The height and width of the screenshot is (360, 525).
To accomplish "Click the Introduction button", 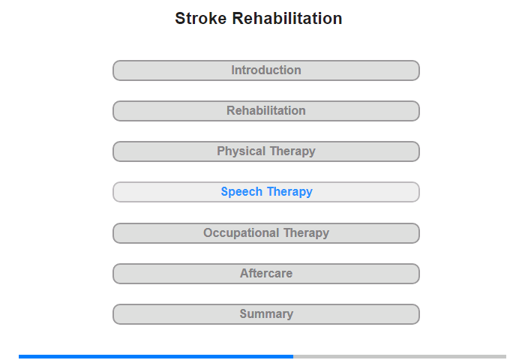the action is (x=265, y=70).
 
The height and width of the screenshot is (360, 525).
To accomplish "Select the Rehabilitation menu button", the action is (x=265, y=111).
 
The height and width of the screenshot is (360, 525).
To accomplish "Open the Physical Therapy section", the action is (x=265, y=151).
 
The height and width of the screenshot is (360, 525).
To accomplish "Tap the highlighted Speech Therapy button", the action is (x=265, y=192).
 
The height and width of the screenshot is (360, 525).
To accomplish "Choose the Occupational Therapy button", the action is (x=265, y=233).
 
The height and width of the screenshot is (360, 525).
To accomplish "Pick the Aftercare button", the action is (x=265, y=274).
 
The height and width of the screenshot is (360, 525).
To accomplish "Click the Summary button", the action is (x=265, y=314).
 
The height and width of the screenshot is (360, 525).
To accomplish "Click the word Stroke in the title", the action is (x=200, y=18).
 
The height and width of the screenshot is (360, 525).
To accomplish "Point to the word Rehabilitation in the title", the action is (x=287, y=18).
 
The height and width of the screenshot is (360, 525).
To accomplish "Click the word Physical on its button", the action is (x=241, y=151).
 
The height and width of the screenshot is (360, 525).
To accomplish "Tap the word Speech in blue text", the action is (x=241, y=192).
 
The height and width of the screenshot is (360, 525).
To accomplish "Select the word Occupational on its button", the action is (x=241, y=232).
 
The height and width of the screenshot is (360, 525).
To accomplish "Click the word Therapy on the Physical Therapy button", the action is (x=292, y=151).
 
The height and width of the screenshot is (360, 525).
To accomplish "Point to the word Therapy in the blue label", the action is (x=289, y=192).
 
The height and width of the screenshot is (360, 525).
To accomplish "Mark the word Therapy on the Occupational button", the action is (x=306, y=232).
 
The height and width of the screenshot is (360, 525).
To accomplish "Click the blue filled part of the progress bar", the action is (x=156, y=357).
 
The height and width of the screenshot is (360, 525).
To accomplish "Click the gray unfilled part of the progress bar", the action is (x=400, y=357).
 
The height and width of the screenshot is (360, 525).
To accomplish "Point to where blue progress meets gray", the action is (x=293, y=357).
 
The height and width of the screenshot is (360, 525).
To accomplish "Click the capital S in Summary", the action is (x=244, y=313).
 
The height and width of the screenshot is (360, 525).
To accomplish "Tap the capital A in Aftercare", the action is (x=244, y=273).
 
